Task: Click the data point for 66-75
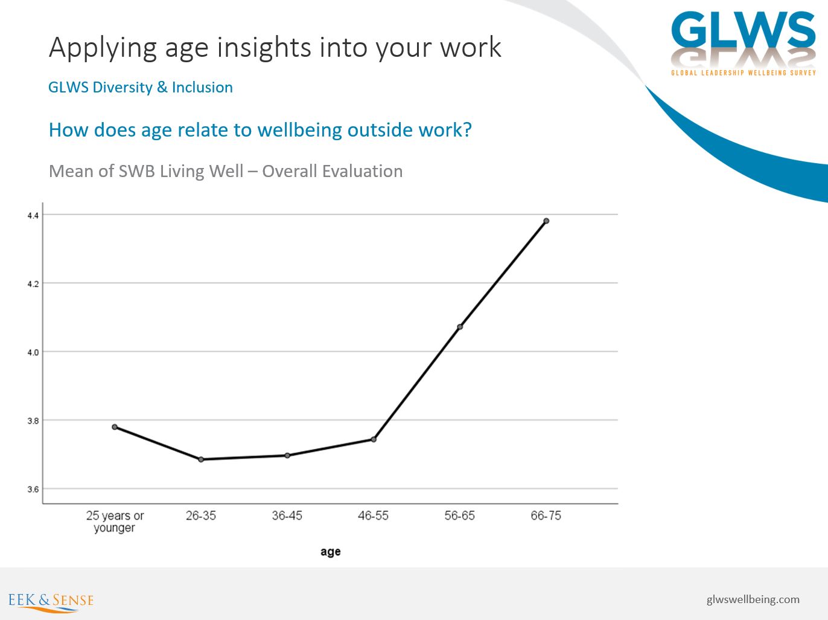pos(546,221)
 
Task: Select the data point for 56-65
pos(460,327)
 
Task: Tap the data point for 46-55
pos(374,439)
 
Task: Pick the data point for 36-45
pos(287,456)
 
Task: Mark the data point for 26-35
pos(201,459)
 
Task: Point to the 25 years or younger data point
pos(115,427)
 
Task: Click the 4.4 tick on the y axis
pos(33,216)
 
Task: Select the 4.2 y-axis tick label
pos(33,284)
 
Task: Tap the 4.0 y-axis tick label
pos(33,353)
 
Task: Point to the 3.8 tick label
pos(33,421)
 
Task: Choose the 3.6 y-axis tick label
pos(33,489)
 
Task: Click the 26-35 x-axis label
pos(201,516)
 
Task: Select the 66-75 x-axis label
pos(546,516)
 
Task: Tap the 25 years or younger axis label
pos(115,522)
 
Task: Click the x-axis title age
pos(331,552)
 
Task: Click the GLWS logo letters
pos(743,30)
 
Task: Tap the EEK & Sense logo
pos(51,601)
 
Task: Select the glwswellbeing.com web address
pos(753,599)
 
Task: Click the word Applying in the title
pos(103,48)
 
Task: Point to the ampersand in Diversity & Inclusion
pos(162,87)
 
